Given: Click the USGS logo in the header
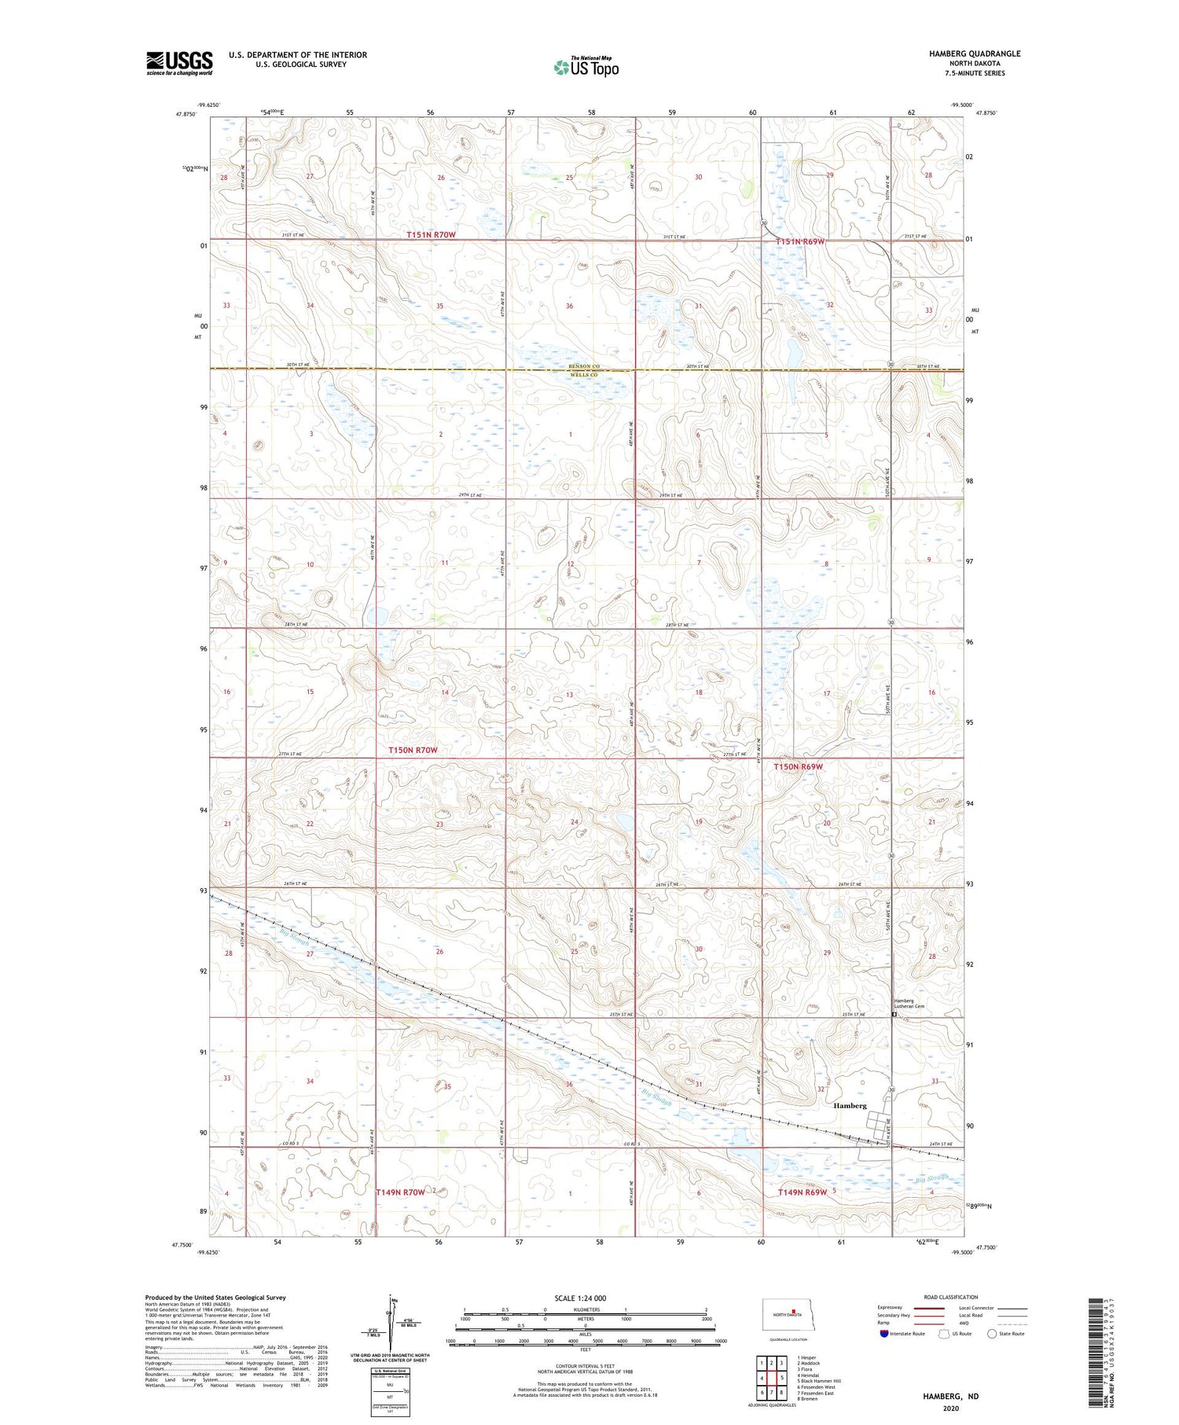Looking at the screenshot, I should [179, 63].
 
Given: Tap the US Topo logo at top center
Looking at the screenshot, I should [586, 67].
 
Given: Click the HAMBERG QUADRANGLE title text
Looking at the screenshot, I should [964, 53].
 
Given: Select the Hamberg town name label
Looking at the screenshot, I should [849, 1105].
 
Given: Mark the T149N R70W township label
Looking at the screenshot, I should [401, 1192].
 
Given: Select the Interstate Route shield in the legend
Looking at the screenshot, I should [884, 1334].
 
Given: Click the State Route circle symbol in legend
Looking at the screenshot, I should [992, 1334].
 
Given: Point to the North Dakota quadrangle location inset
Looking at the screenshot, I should [794, 1314].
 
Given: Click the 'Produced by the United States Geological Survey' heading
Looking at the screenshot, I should [215, 1298].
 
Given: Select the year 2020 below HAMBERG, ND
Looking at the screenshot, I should [950, 1408].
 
